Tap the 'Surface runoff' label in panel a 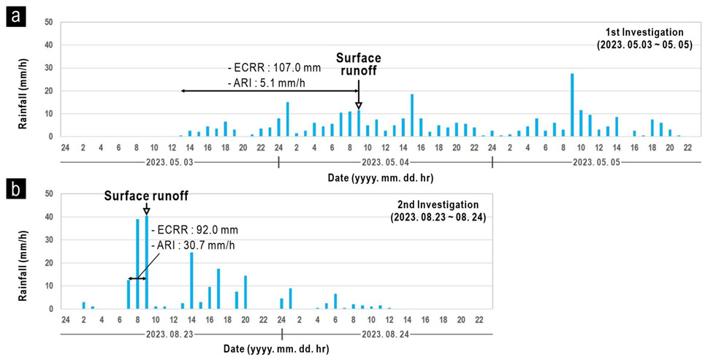(x=358, y=64)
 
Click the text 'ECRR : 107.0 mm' (x=276, y=68)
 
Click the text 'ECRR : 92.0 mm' (x=194, y=230)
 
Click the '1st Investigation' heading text (x=644, y=32)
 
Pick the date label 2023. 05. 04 (x=386, y=161)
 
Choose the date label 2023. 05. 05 (x=599, y=161)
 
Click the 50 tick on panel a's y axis (x=49, y=22)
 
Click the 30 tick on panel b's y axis (x=49, y=240)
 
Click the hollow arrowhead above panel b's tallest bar (x=147, y=211)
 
